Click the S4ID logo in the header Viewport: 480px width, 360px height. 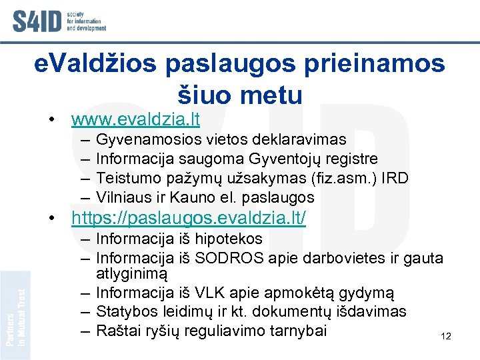(x=59, y=21)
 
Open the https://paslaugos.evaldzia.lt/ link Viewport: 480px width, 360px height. (x=189, y=218)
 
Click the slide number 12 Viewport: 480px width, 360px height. (x=446, y=337)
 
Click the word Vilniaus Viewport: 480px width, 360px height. (x=124, y=198)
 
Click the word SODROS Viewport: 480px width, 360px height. (x=203, y=257)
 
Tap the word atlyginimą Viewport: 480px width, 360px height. (x=132, y=273)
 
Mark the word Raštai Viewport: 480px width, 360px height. (x=116, y=331)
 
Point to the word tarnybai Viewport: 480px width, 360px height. (x=299, y=331)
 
